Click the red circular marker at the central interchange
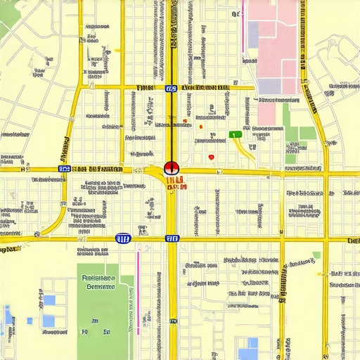(x=171, y=168)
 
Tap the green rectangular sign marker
(x=236, y=134)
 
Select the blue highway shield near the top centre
(x=171, y=89)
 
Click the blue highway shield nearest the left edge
(x=65, y=169)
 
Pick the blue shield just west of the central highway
(x=123, y=239)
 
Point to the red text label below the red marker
(x=176, y=184)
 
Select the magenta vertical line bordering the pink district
(x=244, y=28)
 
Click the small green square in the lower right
(x=316, y=255)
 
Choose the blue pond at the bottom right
(x=247, y=349)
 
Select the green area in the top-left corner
(x=4, y=28)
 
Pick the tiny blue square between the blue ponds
(x=30, y=321)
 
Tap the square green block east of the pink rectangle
(x=307, y=133)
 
